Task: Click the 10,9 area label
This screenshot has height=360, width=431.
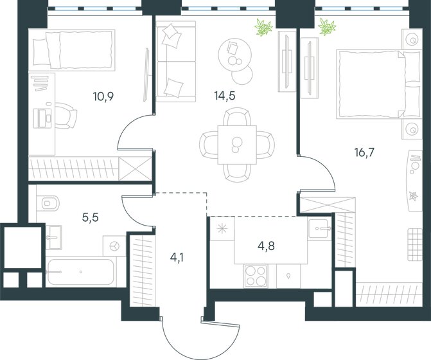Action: point(103,96)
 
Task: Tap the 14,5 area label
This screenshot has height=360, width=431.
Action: point(225,96)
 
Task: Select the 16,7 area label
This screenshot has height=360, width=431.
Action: point(364,152)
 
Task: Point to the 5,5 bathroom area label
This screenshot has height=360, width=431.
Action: point(90,217)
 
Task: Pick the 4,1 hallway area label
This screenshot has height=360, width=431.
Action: point(177,258)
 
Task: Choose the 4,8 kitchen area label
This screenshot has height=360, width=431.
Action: point(266,246)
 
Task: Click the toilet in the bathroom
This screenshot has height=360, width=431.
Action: point(48,204)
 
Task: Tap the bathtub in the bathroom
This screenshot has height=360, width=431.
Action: point(80,272)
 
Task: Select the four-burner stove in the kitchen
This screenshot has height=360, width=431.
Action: point(256,276)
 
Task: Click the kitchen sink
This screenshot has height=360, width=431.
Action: point(319,229)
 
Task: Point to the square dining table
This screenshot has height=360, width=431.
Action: point(237,145)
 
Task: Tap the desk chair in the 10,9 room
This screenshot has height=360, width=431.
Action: point(66,115)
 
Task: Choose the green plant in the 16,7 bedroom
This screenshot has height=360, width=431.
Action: point(327,27)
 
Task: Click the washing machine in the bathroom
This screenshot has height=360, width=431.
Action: point(114,246)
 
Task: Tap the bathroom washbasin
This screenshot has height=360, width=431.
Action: point(53,237)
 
